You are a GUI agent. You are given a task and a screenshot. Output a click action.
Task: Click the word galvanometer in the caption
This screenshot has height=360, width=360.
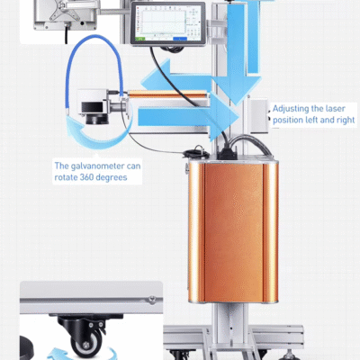click(97, 166)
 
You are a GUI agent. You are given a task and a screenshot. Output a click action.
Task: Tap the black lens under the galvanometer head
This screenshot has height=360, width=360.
click(96, 119)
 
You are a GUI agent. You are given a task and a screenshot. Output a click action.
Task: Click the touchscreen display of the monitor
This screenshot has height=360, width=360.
click(168, 23)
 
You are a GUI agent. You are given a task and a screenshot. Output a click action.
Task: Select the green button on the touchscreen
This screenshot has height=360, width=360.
click(140, 39)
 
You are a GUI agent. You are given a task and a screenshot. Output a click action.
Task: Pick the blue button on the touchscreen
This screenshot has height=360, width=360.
click(180, 39)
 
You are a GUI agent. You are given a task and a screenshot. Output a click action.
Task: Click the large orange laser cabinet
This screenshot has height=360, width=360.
click(233, 231)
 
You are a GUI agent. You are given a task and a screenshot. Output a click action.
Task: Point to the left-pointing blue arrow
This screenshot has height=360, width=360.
click(177, 76)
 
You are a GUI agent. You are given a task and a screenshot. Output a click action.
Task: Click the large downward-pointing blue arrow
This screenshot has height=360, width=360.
click(237, 51)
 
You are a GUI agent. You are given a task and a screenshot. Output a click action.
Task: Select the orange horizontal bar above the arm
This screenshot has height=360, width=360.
click(167, 94)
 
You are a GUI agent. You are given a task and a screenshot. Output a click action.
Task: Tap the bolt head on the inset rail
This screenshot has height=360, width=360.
click(152, 299)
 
